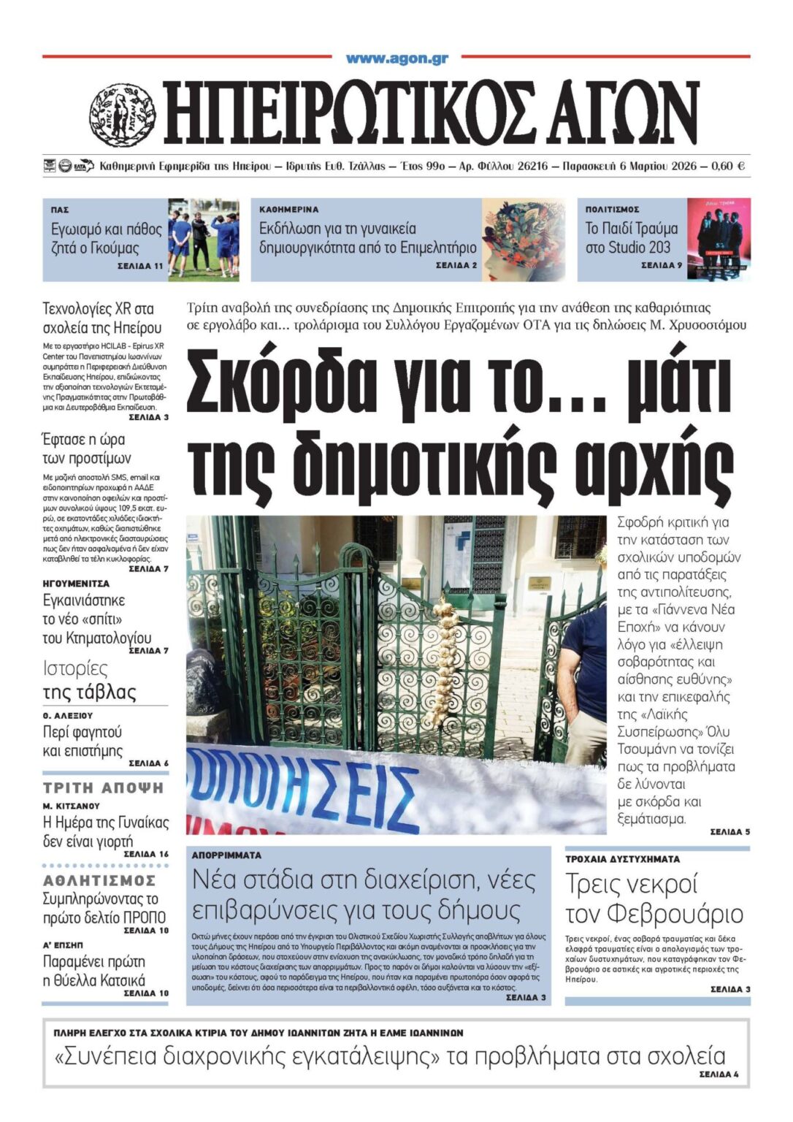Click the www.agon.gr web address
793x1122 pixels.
(x=396, y=58)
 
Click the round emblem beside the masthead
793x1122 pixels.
(x=122, y=115)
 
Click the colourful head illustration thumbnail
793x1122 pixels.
(x=523, y=239)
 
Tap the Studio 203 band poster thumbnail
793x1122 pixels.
(x=719, y=239)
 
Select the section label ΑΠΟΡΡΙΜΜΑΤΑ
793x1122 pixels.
(x=226, y=855)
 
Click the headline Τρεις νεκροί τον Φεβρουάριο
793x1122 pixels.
(x=654, y=898)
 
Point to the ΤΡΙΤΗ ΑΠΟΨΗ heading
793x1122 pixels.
(x=104, y=787)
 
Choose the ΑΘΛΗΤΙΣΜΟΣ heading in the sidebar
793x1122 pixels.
(x=99, y=880)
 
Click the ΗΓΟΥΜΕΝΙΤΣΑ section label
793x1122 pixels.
(x=76, y=584)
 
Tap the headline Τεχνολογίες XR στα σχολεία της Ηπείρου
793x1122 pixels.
(x=102, y=318)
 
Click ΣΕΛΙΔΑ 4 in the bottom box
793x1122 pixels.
(x=719, y=1075)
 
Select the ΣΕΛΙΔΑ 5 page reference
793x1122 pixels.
(x=729, y=831)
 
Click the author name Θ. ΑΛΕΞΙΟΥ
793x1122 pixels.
(x=68, y=716)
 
